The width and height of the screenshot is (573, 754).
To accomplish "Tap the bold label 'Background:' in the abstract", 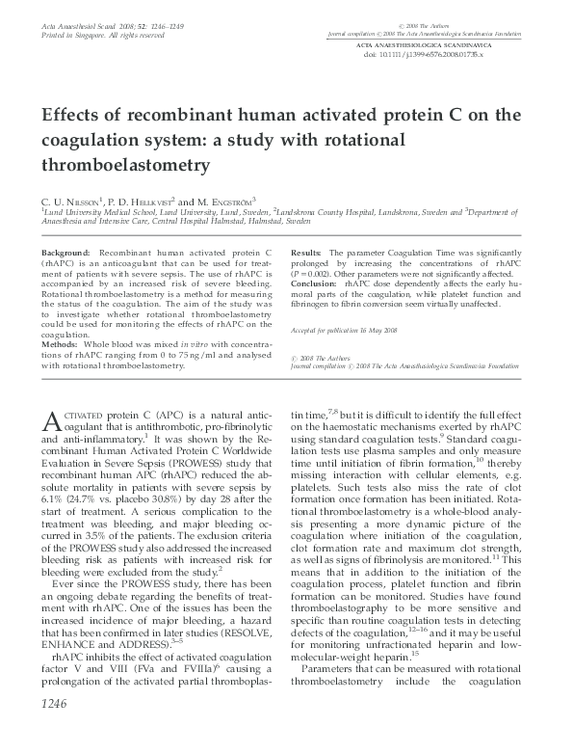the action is coord(66,252).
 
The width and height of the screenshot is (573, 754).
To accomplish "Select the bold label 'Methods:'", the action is coord(60,342).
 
